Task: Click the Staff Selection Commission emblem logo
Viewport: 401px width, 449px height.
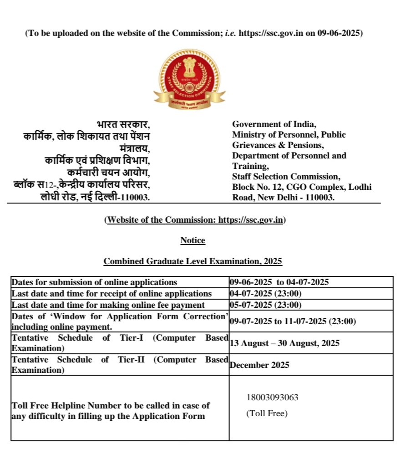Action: (x=189, y=79)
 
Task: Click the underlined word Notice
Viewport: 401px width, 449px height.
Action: (x=193, y=240)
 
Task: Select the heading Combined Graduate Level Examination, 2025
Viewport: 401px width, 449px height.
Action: (x=193, y=261)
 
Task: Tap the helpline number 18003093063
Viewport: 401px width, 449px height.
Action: (x=272, y=397)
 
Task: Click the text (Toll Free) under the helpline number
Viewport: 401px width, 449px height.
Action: (x=267, y=413)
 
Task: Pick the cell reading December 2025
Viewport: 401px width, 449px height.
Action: (x=260, y=365)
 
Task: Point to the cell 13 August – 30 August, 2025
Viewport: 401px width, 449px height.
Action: (x=284, y=343)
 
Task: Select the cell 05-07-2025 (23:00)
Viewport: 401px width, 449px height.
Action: (x=266, y=305)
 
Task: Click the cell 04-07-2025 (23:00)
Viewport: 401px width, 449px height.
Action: (x=266, y=294)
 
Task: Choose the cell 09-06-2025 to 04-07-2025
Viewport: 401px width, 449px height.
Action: (x=279, y=282)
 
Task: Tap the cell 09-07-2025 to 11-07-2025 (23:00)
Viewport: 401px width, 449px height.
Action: (x=292, y=321)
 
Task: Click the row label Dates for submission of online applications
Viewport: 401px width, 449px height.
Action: (x=94, y=282)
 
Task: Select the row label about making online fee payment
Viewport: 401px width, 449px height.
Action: (x=108, y=305)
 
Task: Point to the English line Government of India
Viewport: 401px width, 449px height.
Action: (x=274, y=124)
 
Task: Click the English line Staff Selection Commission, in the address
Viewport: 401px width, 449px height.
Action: (x=286, y=176)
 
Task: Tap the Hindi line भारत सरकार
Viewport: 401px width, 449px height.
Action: (x=123, y=124)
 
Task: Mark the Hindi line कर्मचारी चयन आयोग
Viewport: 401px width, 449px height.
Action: (x=108, y=173)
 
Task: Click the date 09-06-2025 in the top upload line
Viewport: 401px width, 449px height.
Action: (x=339, y=34)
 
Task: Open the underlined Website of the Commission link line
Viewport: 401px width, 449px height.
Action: (x=195, y=220)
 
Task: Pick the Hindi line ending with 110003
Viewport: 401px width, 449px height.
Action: (x=95, y=197)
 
